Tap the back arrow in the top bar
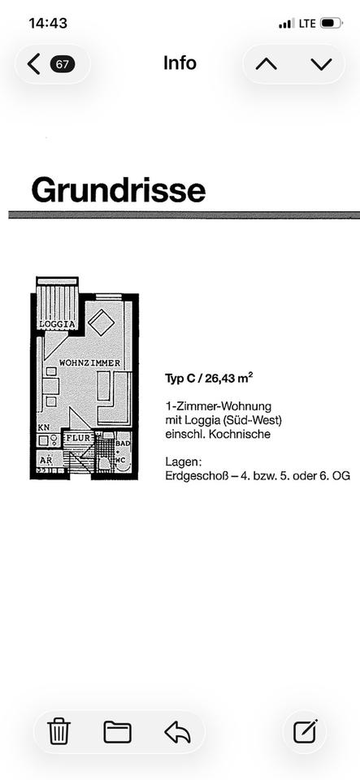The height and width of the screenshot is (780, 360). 34,64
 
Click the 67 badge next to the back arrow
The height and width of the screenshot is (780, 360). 63,64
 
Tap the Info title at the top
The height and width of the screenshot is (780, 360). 180,63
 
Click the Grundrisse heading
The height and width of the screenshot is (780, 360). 119,190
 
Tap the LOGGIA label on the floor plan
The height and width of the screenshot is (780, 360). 58,324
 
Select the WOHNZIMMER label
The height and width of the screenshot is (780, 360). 90,363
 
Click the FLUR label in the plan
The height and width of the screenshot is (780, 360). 78,438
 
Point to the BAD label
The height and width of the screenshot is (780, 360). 123,443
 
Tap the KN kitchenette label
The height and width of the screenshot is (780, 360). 43,428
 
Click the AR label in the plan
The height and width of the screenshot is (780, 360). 46,460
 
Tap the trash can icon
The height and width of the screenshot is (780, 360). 59,732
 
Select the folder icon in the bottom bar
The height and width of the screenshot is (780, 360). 117,732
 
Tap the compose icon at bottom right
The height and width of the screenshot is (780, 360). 305,732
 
